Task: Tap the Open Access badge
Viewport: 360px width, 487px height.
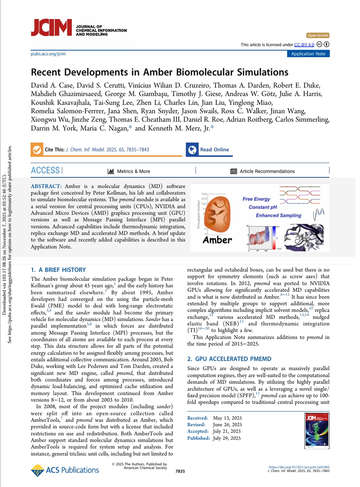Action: click(x=318, y=36)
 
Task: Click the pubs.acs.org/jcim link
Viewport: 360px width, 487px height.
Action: click(x=48, y=54)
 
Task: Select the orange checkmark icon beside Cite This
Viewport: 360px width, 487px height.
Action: click(x=37, y=149)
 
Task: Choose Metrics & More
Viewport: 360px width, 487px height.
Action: click(x=129, y=172)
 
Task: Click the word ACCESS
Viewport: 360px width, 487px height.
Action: click(x=45, y=171)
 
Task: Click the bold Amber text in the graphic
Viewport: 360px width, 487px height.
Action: click(x=218, y=240)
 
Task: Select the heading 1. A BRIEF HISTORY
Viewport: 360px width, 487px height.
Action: click(x=58, y=270)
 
